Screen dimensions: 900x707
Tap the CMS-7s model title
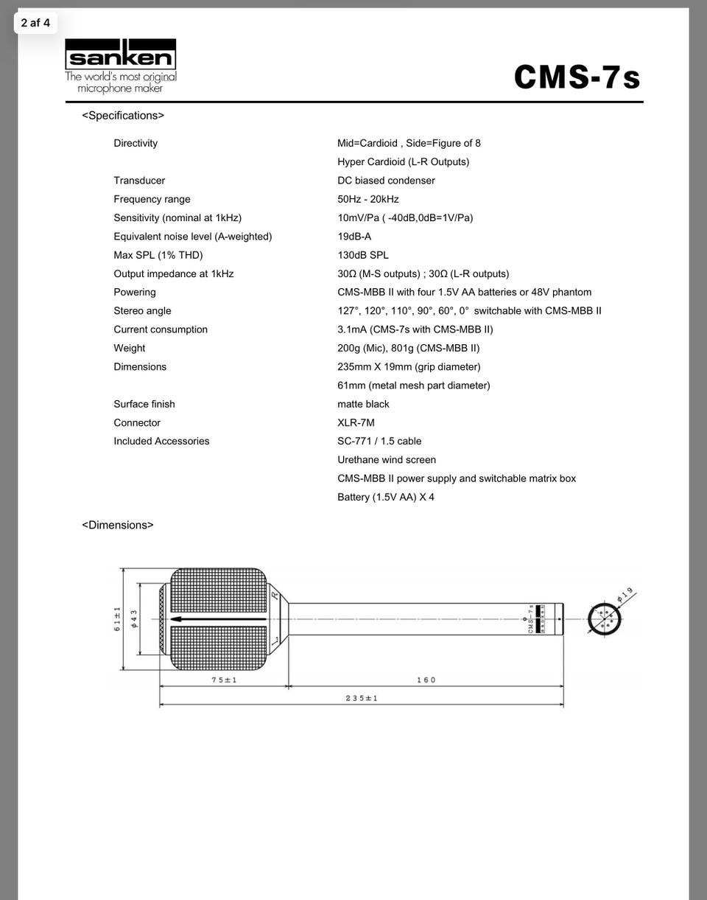click(x=577, y=77)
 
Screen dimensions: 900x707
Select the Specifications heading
click(x=123, y=116)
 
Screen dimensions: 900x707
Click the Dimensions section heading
click(x=118, y=525)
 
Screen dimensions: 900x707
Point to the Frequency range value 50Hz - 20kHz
click(x=367, y=199)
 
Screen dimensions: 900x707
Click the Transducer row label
click(x=139, y=181)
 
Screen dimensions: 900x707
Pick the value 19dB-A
click(x=354, y=237)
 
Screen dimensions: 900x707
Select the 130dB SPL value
click(x=362, y=255)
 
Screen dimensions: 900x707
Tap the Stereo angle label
click(x=142, y=311)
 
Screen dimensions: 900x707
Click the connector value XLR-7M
click(x=356, y=423)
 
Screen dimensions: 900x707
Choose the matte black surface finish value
click(x=363, y=404)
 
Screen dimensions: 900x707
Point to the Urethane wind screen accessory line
click(x=387, y=460)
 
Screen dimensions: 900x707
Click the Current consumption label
click(x=161, y=329)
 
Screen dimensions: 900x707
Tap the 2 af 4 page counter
click(x=35, y=23)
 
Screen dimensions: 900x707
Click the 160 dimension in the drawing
click(x=426, y=680)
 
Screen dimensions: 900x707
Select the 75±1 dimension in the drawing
click(x=224, y=680)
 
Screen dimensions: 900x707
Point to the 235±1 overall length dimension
click(x=361, y=698)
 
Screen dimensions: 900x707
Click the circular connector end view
click(x=605, y=618)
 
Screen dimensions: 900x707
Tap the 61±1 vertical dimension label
click(x=116, y=619)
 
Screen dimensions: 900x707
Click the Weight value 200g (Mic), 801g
click(x=408, y=348)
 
